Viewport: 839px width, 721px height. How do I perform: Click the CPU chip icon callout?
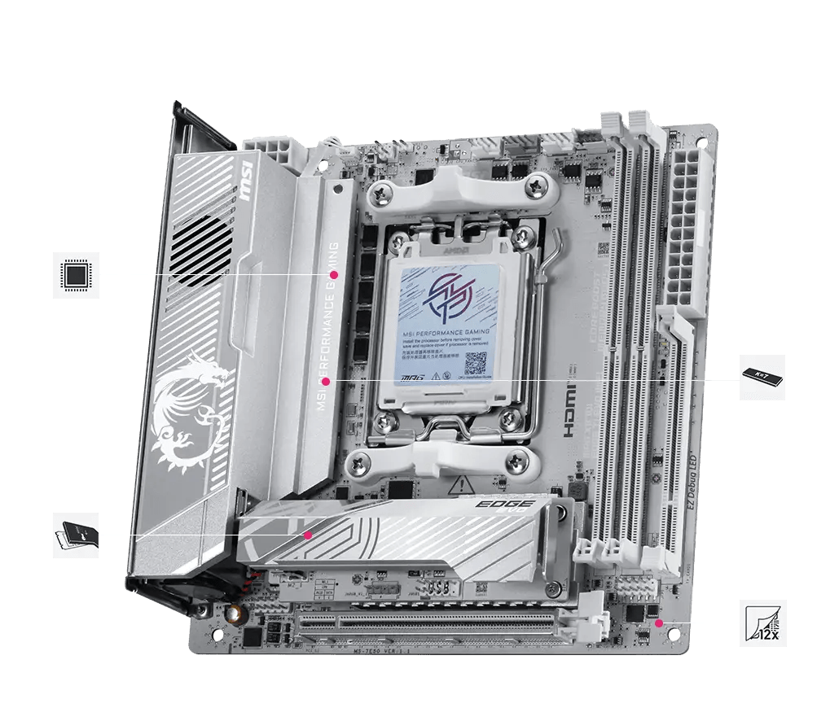tap(76, 275)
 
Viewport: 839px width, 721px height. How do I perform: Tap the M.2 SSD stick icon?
tap(762, 377)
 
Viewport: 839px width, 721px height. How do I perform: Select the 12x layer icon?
tap(762, 623)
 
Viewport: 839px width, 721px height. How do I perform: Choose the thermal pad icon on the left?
tap(76, 535)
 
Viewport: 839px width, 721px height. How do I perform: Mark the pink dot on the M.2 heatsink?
tap(309, 535)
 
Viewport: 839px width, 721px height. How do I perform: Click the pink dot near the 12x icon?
tap(659, 623)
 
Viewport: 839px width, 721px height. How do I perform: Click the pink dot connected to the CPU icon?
tap(333, 275)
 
